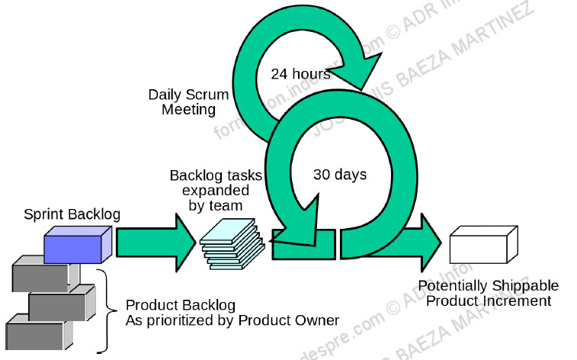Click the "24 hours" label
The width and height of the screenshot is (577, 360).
pyautogui.click(x=300, y=75)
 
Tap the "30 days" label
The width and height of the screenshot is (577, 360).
pyautogui.click(x=340, y=175)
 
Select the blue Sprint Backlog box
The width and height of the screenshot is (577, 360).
pyautogui.click(x=72, y=247)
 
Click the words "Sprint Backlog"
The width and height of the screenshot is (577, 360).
pyautogui.click(x=71, y=214)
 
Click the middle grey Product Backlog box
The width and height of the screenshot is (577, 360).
pyautogui.click(x=57, y=306)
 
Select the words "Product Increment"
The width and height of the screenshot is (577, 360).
pyautogui.click(x=488, y=301)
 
